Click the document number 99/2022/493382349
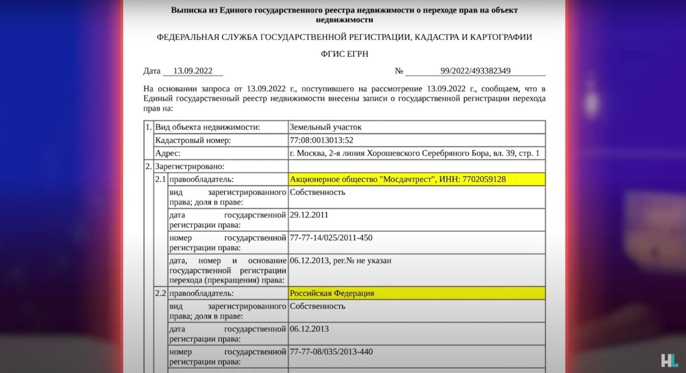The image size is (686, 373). click(x=475, y=71)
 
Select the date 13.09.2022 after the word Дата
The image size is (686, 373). click(x=193, y=71)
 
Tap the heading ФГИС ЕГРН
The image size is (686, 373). click(x=345, y=54)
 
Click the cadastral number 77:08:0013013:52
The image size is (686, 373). click(x=322, y=140)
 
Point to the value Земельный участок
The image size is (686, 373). click(x=326, y=127)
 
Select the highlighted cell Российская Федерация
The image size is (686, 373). click(x=332, y=293)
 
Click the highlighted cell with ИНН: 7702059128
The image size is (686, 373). click(x=398, y=179)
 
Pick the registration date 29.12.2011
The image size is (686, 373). click(x=309, y=215)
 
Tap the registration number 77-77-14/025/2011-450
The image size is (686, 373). click(x=331, y=237)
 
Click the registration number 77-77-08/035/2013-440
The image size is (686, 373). click(x=331, y=352)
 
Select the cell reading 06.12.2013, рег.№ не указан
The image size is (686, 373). click(x=340, y=260)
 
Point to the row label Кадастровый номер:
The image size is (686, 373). click(x=193, y=140)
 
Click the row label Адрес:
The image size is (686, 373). click(x=168, y=153)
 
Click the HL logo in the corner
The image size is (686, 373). click(x=669, y=360)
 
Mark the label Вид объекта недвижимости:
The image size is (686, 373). click(x=207, y=127)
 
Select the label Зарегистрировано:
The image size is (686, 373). click(x=190, y=166)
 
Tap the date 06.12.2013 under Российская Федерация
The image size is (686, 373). click(x=309, y=329)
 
